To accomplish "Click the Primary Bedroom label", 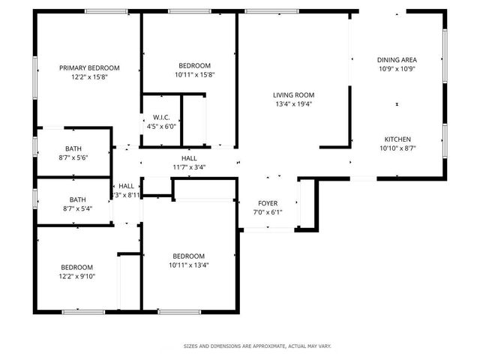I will pos(89,67).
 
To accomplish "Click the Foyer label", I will pos(268,203).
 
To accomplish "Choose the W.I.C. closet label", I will pos(161,117).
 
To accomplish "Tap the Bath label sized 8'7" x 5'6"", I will pos(73,148).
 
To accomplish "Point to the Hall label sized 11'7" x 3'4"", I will pos(189,158).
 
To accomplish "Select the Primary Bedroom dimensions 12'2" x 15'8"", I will pos(89,76).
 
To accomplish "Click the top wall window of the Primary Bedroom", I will pos(105,11).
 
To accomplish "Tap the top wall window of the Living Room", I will pos(271,11).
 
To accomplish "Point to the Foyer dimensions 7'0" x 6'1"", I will pos(268,212).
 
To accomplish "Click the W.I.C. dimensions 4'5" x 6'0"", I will pos(161,126).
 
